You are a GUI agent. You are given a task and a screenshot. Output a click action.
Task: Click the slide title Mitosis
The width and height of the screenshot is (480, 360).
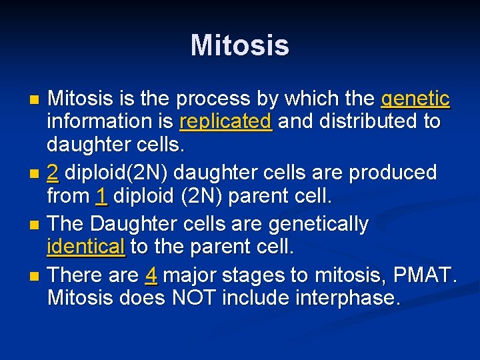pos(239,46)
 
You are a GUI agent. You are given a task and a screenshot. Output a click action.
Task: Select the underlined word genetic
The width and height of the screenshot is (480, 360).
pos(415,99)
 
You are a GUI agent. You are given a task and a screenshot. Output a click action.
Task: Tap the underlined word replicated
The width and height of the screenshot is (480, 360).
pos(225,122)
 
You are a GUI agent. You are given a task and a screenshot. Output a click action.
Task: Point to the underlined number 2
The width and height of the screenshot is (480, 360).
pos(53,173)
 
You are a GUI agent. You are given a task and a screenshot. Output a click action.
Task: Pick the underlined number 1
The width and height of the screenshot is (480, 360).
pos(101,197)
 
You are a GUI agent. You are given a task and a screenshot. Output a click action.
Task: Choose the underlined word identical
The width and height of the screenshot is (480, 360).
pos(86,247)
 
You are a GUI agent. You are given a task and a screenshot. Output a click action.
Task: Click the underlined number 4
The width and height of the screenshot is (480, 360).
pos(151,275)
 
